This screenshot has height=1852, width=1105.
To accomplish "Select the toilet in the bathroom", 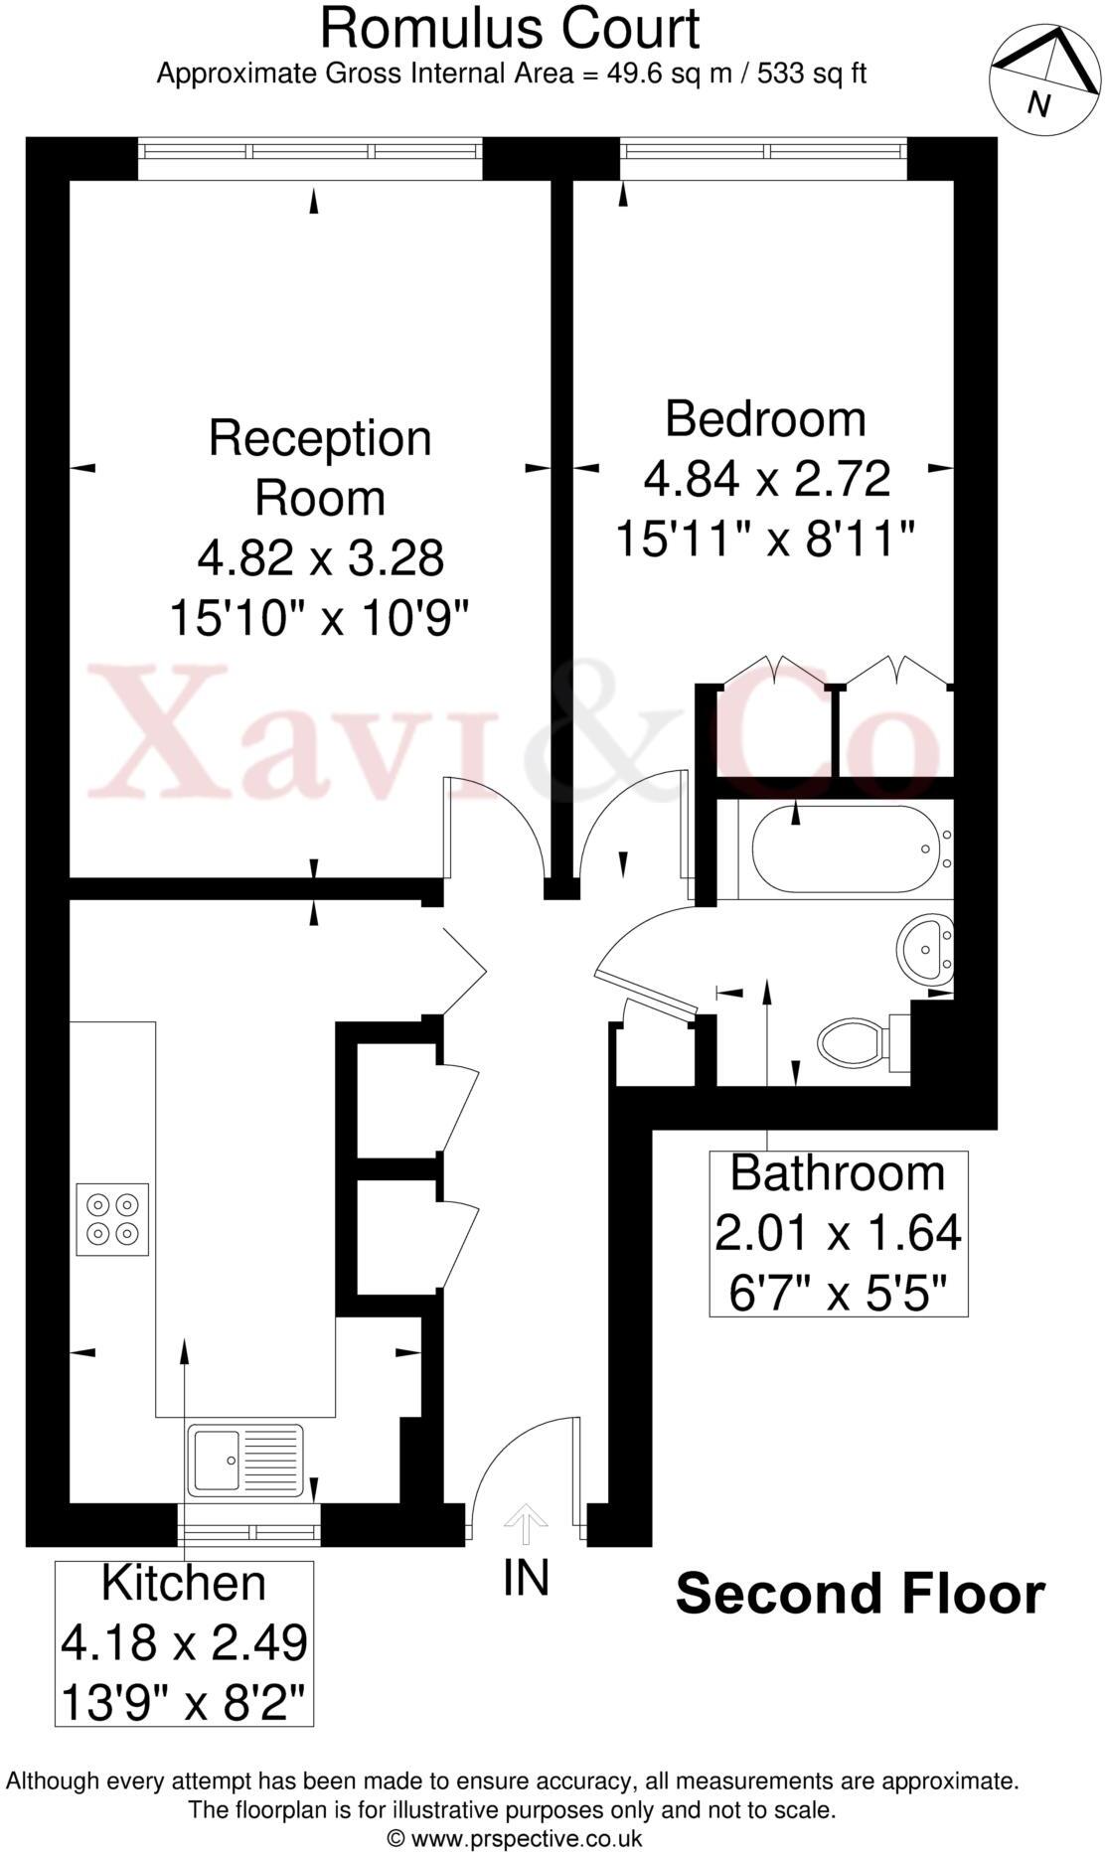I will click(x=855, y=1042).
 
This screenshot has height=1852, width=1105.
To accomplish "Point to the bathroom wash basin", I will click(x=925, y=948).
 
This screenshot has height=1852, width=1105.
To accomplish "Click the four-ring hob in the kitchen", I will click(x=112, y=1218).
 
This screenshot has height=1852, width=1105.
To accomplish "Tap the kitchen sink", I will click(x=244, y=1460).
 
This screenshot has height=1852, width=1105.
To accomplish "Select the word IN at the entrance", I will click(x=527, y=1577).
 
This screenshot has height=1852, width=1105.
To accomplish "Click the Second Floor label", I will click(x=860, y=1594).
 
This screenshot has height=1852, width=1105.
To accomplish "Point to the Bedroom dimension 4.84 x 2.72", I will click(x=766, y=480).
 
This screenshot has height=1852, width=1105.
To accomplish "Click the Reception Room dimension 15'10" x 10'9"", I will click(x=319, y=619).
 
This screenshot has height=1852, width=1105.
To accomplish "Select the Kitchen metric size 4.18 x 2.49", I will click(x=184, y=1642).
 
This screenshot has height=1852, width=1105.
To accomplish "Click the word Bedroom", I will click(x=765, y=419).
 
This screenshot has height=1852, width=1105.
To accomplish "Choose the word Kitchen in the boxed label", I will click(x=184, y=1584).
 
